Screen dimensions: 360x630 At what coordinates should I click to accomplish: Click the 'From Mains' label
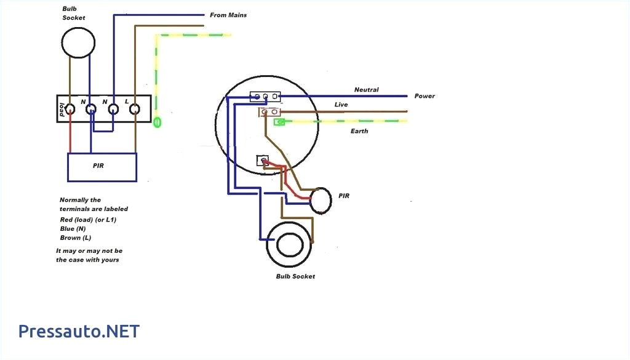(228, 15)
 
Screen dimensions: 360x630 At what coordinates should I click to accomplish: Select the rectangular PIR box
(102, 166)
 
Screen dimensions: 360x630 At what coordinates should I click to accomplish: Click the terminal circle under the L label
(135, 110)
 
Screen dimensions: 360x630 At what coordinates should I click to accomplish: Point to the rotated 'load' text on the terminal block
(63, 110)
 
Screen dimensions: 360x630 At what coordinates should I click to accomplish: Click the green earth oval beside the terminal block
(157, 122)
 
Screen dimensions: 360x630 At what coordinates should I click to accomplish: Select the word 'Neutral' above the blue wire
(366, 90)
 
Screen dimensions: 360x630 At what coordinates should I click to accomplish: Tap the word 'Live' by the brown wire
(341, 105)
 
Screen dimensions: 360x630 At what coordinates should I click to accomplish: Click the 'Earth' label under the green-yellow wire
(359, 131)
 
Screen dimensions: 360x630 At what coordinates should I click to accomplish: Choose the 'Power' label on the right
(425, 96)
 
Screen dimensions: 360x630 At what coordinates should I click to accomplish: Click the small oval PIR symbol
(321, 201)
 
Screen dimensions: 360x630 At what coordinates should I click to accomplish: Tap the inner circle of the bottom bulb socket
(289, 244)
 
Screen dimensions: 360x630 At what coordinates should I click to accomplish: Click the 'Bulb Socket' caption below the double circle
(295, 276)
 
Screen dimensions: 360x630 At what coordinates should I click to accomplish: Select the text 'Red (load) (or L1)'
(88, 219)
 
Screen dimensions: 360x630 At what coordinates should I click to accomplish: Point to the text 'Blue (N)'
(73, 228)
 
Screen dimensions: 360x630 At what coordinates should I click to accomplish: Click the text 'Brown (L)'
(75, 238)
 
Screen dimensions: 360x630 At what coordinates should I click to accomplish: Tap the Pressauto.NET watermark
(79, 332)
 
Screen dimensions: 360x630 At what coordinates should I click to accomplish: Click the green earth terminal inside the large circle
(279, 122)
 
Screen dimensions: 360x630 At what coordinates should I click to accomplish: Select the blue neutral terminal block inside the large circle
(265, 97)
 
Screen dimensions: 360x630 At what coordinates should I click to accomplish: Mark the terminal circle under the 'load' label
(70, 110)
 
